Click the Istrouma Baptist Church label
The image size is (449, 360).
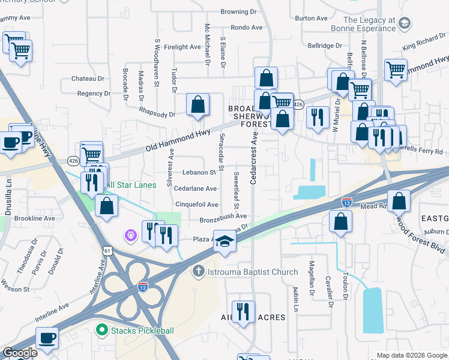(252, 272)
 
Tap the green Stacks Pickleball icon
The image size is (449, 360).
(101, 330)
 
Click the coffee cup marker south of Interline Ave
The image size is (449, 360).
(47, 337)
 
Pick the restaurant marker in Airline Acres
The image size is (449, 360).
(243, 311)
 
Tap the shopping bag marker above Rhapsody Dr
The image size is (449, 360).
(197, 105)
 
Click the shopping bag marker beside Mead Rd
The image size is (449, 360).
(399, 201)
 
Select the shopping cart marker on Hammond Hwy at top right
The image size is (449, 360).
(396, 70)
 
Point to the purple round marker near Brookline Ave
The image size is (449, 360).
(130, 236)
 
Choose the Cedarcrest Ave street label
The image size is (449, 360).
(254, 159)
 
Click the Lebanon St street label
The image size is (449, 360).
(195, 173)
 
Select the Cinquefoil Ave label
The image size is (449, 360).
(196, 205)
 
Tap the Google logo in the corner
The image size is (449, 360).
(20, 353)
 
